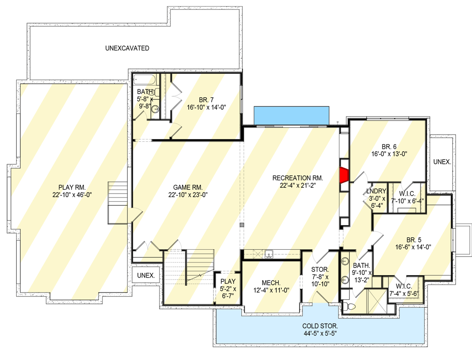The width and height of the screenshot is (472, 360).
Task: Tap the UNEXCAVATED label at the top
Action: (127, 48)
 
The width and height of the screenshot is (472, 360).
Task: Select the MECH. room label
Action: (272, 283)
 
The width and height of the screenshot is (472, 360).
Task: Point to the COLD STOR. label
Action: (320, 325)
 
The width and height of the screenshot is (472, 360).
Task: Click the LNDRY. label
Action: (376, 190)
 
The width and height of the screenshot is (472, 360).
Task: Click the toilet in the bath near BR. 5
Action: (349, 306)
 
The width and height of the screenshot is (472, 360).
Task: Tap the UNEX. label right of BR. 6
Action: (442, 162)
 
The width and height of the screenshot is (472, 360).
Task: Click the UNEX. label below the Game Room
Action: (146, 275)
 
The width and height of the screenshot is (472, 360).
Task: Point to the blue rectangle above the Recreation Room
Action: (292, 115)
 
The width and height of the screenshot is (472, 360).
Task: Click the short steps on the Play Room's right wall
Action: (118, 202)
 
